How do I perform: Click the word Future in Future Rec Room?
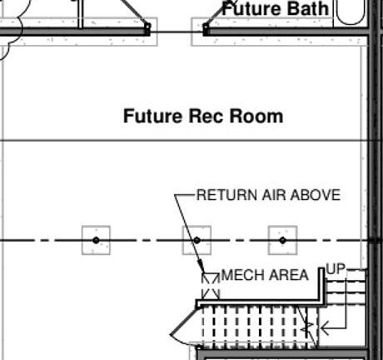152,116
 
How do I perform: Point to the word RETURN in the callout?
227,195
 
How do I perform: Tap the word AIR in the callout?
274,195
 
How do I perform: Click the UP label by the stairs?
336,268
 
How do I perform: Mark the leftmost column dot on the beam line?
96,240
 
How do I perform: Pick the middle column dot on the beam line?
196,240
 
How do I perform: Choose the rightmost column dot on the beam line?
282,240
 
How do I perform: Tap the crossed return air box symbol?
211,286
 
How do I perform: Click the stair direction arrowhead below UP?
324,328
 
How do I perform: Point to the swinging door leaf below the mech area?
184,319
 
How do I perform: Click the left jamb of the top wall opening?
147,29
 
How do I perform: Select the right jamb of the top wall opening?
206,29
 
